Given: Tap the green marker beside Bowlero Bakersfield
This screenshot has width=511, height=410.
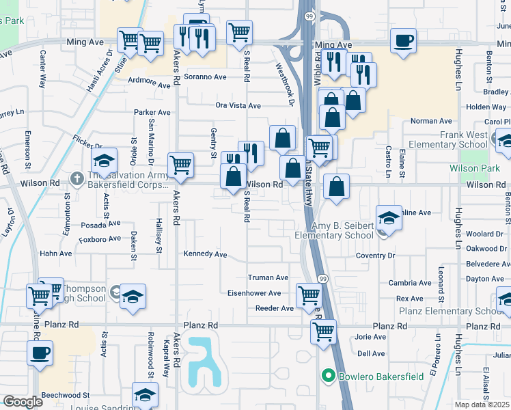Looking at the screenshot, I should (328, 375).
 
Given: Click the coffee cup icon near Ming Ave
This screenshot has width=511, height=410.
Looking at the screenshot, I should (404, 40).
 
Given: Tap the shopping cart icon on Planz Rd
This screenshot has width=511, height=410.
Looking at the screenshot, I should (323, 331).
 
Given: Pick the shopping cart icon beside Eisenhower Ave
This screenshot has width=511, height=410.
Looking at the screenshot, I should (308, 296).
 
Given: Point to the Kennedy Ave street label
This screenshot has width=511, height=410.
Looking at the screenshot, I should (205, 254).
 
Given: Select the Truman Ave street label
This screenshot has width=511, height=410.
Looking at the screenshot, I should (268, 278).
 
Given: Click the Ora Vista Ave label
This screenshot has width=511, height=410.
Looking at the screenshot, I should (238, 106).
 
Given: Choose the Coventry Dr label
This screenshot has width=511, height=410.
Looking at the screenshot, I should (375, 256).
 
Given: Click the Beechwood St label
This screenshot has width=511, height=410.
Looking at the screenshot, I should (66, 395).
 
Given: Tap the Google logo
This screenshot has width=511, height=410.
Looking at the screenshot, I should (22, 402).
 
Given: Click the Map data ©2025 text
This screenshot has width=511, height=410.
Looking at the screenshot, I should (482, 405).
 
